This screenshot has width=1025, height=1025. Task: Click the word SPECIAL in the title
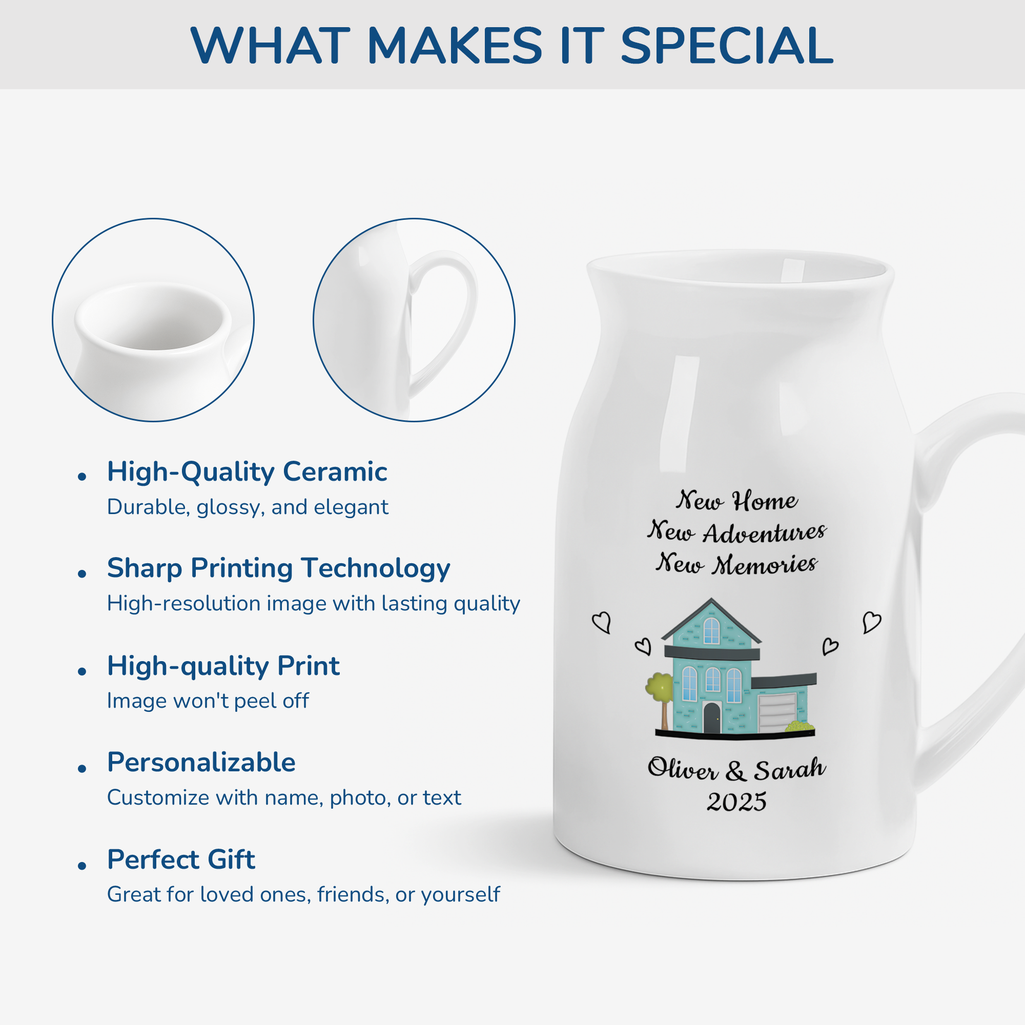(726, 46)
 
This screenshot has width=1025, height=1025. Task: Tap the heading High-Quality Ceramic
(247, 471)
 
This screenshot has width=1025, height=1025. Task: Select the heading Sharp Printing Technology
(278, 568)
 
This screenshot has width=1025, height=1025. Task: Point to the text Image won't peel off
(208, 701)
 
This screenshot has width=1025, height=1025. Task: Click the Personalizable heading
(201, 763)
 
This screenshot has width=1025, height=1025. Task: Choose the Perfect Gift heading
(181, 859)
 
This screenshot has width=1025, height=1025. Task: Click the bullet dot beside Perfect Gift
(81, 866)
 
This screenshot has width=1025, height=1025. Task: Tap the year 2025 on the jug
(736, 802)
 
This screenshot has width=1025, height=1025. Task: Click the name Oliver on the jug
(682, 769)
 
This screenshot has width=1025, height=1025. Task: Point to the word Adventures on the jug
(765, 532)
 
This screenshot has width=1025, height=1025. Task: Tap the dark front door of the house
(711, 718)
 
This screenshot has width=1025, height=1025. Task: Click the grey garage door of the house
(777, 712)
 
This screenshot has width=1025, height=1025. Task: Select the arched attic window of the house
(711, 630)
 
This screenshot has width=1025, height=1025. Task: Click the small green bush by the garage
(799, 726)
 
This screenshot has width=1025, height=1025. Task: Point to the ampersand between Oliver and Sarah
(735, 770)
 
